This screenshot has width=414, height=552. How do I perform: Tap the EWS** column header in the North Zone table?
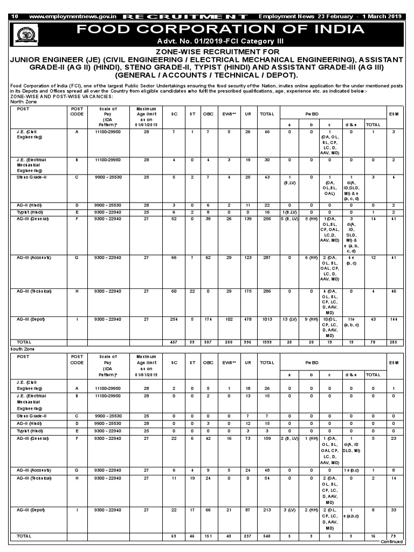point(229,114)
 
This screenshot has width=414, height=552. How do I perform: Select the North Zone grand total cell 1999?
point(266,342)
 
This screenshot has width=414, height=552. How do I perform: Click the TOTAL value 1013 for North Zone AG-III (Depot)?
point(266,319)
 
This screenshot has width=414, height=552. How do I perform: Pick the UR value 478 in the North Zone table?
point(247,319)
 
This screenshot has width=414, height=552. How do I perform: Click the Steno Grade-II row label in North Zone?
point(32,177)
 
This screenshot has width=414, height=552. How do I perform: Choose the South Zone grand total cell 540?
point(266,536)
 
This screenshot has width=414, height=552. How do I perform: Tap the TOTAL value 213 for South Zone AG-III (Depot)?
point(266,509)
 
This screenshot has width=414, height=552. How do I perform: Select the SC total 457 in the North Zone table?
point(174,342)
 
